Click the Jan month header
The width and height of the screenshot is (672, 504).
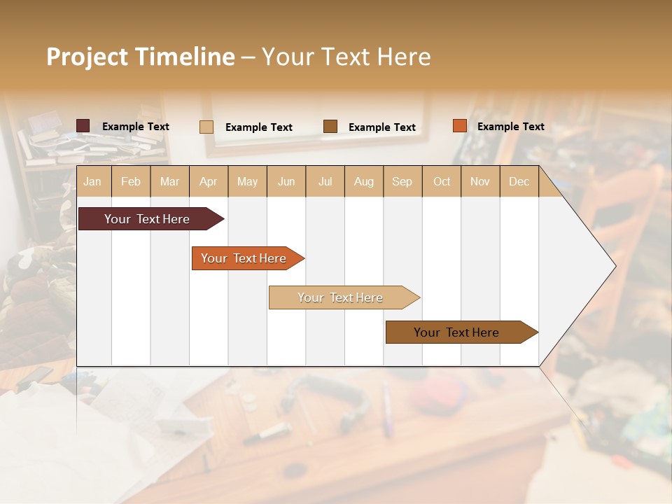[92, 181]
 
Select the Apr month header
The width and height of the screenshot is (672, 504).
[208, 181]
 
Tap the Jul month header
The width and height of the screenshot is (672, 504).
[325, 181]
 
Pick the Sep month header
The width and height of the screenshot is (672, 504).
[402, 181]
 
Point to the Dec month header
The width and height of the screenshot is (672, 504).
[519, 181]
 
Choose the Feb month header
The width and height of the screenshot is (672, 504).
[131, 181]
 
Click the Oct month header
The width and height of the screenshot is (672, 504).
[442, 181]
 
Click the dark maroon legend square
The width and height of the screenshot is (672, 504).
[83, 126]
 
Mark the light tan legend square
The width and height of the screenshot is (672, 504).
[206, 127]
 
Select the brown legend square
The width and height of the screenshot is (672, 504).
[330, 127]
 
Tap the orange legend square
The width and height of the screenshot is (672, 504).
[460, 126]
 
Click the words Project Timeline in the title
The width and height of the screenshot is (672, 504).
[141, 57]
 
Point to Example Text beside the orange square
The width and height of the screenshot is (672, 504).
[510, 127]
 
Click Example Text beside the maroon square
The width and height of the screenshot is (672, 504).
[135, 127]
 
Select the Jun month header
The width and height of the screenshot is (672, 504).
[286, 181]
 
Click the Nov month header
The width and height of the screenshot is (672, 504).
[480, 181]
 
